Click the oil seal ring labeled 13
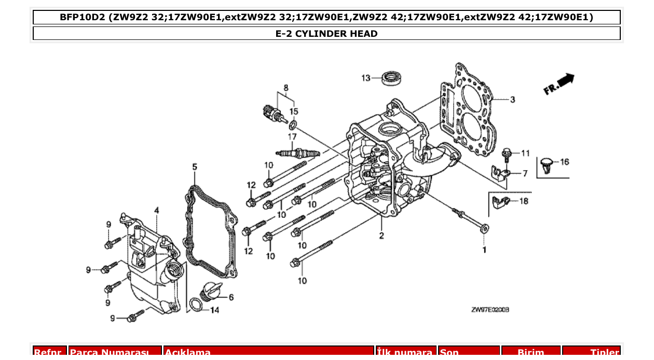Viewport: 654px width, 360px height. (x=392, y=78)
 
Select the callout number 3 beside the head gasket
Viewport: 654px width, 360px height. (x=512, y=100)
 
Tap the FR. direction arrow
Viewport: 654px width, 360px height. (x=559, y=84)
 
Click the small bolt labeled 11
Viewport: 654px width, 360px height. (x=507, y=153)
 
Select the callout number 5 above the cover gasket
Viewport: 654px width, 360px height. (x=195, y=167)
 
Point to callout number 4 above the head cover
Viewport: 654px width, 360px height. (x=156, y=210)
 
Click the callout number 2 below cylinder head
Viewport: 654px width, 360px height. (x=382, y=237)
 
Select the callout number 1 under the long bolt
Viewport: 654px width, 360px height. (x=485, y=250)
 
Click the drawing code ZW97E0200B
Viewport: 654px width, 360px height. (x=489, y=310)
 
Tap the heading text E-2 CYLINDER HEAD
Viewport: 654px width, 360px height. (x=326, y=34)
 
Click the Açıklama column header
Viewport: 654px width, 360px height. (x=187, y=352)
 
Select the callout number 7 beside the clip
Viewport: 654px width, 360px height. (x=525, y=173)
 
